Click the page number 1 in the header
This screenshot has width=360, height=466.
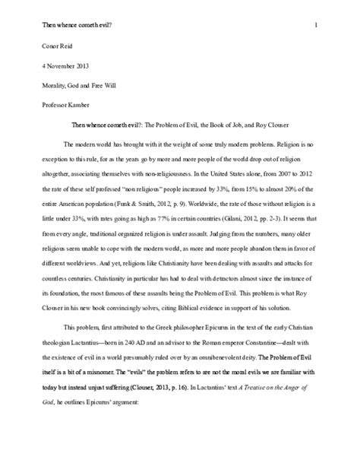[314, 25]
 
